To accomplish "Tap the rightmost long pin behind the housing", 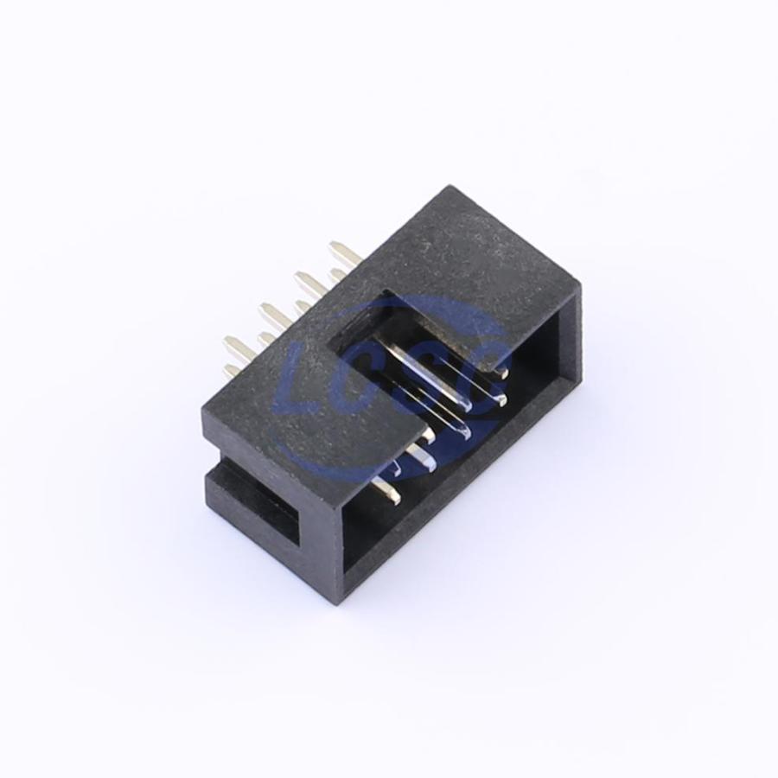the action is click(345, 252).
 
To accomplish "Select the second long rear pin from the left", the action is click(275, 314).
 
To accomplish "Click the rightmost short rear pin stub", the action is click(338, 273).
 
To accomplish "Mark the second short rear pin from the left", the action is click(268, 339).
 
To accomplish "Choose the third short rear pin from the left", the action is click(303, 306).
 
